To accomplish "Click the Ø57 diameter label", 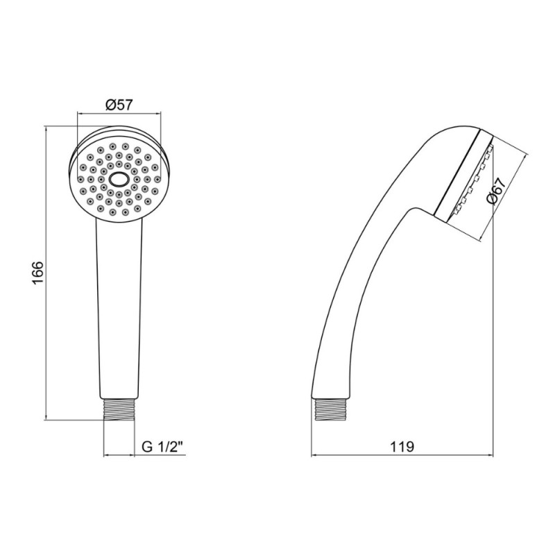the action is pos(119,105).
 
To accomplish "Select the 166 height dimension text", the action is pos(37,272).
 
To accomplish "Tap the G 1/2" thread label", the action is pos(164,447).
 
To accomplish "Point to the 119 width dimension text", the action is pos(402,447).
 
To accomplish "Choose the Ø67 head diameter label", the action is pos(495,191).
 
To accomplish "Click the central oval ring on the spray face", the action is pos(119,179).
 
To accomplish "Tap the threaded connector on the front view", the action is pos(119,409).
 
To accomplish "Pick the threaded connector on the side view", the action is pos(331,409).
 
